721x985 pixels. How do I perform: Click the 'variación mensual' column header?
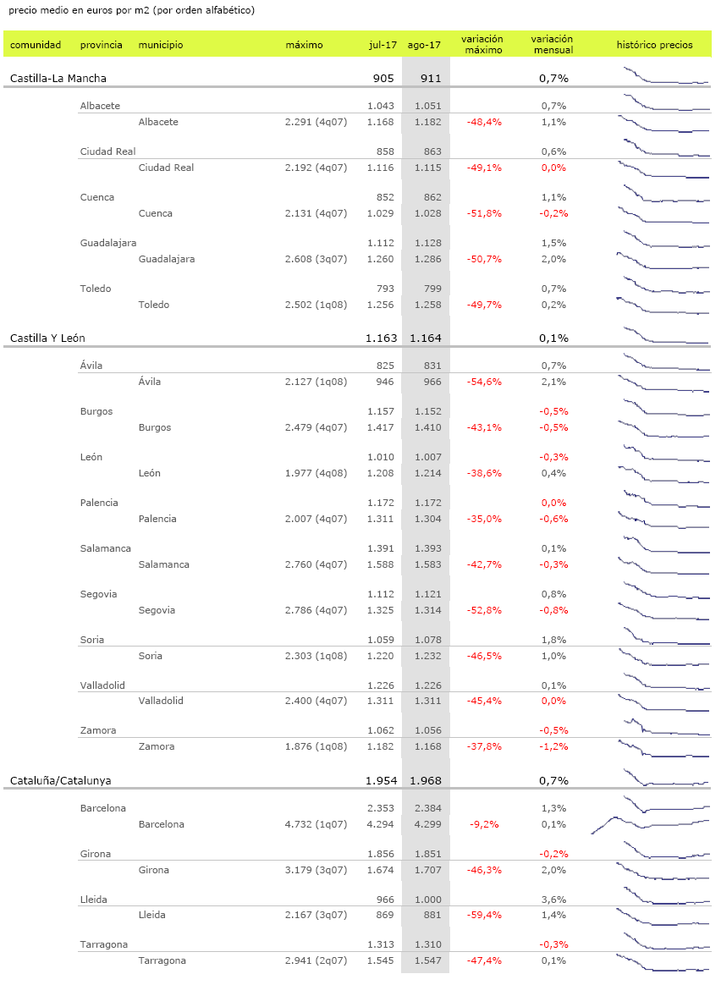point(552,44)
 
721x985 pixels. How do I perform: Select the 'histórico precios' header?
point(654,45)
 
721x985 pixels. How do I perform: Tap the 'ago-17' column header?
point(424,45)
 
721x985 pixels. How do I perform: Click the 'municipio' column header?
point(160,45)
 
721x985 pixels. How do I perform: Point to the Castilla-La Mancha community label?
point(58,79)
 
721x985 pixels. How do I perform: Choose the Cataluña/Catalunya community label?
point(61,781)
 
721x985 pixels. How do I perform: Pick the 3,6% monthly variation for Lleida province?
point(553,900)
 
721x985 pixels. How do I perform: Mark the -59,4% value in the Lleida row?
point(484,916)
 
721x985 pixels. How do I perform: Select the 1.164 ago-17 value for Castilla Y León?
point(425,338)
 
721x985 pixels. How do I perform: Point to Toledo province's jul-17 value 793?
point(385,289)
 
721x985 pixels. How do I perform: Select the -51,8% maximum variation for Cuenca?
point(484,214)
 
